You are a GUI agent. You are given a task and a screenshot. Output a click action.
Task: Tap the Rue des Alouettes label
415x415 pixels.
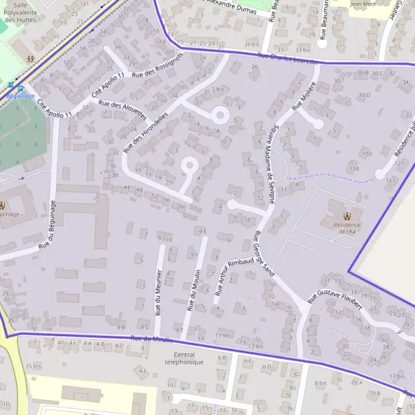click(122, 109)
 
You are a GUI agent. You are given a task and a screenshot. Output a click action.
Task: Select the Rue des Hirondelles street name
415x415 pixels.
click(145, 131)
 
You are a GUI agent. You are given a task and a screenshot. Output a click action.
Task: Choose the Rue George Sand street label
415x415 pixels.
click(264, 254)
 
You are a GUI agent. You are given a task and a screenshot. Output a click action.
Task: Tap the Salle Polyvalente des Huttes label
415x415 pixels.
click(21, 12)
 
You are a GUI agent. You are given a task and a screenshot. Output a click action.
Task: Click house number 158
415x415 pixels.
click(354, 168)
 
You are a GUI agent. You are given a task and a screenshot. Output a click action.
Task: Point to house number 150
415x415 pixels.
click(367, 154)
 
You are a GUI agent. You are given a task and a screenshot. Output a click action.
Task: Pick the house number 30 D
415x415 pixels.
click(365, 94)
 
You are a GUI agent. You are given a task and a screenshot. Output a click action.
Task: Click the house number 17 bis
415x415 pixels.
click(396, 376)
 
